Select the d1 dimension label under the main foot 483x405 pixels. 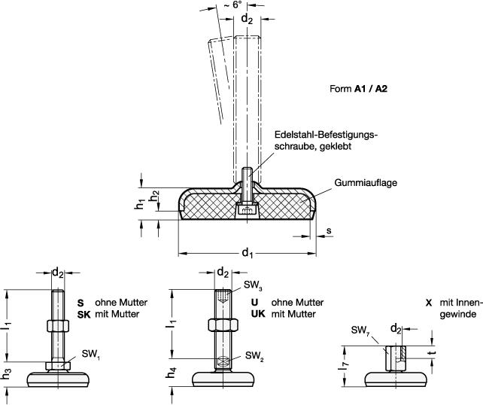247,254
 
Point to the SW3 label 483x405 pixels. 253,286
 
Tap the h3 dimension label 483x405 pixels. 8,373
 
